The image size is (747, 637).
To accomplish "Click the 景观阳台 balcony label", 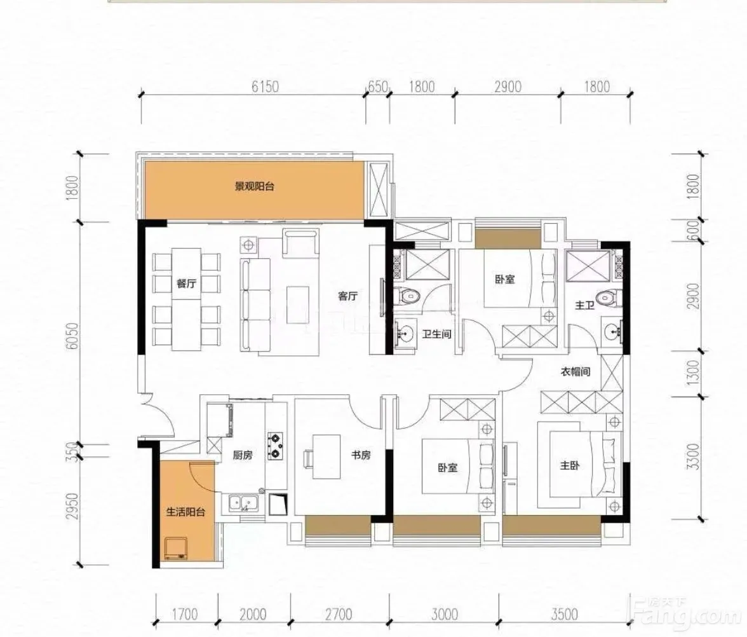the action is (x=254, y=186).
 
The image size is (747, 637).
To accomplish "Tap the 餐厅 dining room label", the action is (x=186, y=284).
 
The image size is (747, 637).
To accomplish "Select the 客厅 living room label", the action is (x=348, y=296).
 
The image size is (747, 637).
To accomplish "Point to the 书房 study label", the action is (x=361, y=455).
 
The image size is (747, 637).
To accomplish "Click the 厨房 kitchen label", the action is (x=243, y=455).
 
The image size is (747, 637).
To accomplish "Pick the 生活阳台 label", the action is (x=185, y=512).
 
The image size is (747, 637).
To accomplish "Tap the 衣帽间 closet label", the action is (x=575, y=371).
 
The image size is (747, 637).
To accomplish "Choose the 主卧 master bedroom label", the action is (x=570, y=465).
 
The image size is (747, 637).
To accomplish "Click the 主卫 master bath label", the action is (x=584, y=305).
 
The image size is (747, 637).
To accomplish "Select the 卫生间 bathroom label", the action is (x=436, y=334).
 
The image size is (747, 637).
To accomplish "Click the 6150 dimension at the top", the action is (x=265, y=86).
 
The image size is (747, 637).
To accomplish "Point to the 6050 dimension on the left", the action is (x=72, y=336).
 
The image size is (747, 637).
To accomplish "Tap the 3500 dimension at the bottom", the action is (x=564, y=614).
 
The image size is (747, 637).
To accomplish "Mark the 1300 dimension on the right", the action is (x=694, y=373).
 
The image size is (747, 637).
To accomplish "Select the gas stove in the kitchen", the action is (x=276, y=446).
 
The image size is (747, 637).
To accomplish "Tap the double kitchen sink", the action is (x=243, y=503).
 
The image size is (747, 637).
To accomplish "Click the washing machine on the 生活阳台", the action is (x=175, y=548).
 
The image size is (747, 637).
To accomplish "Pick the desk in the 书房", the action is (x=326, y=456).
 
